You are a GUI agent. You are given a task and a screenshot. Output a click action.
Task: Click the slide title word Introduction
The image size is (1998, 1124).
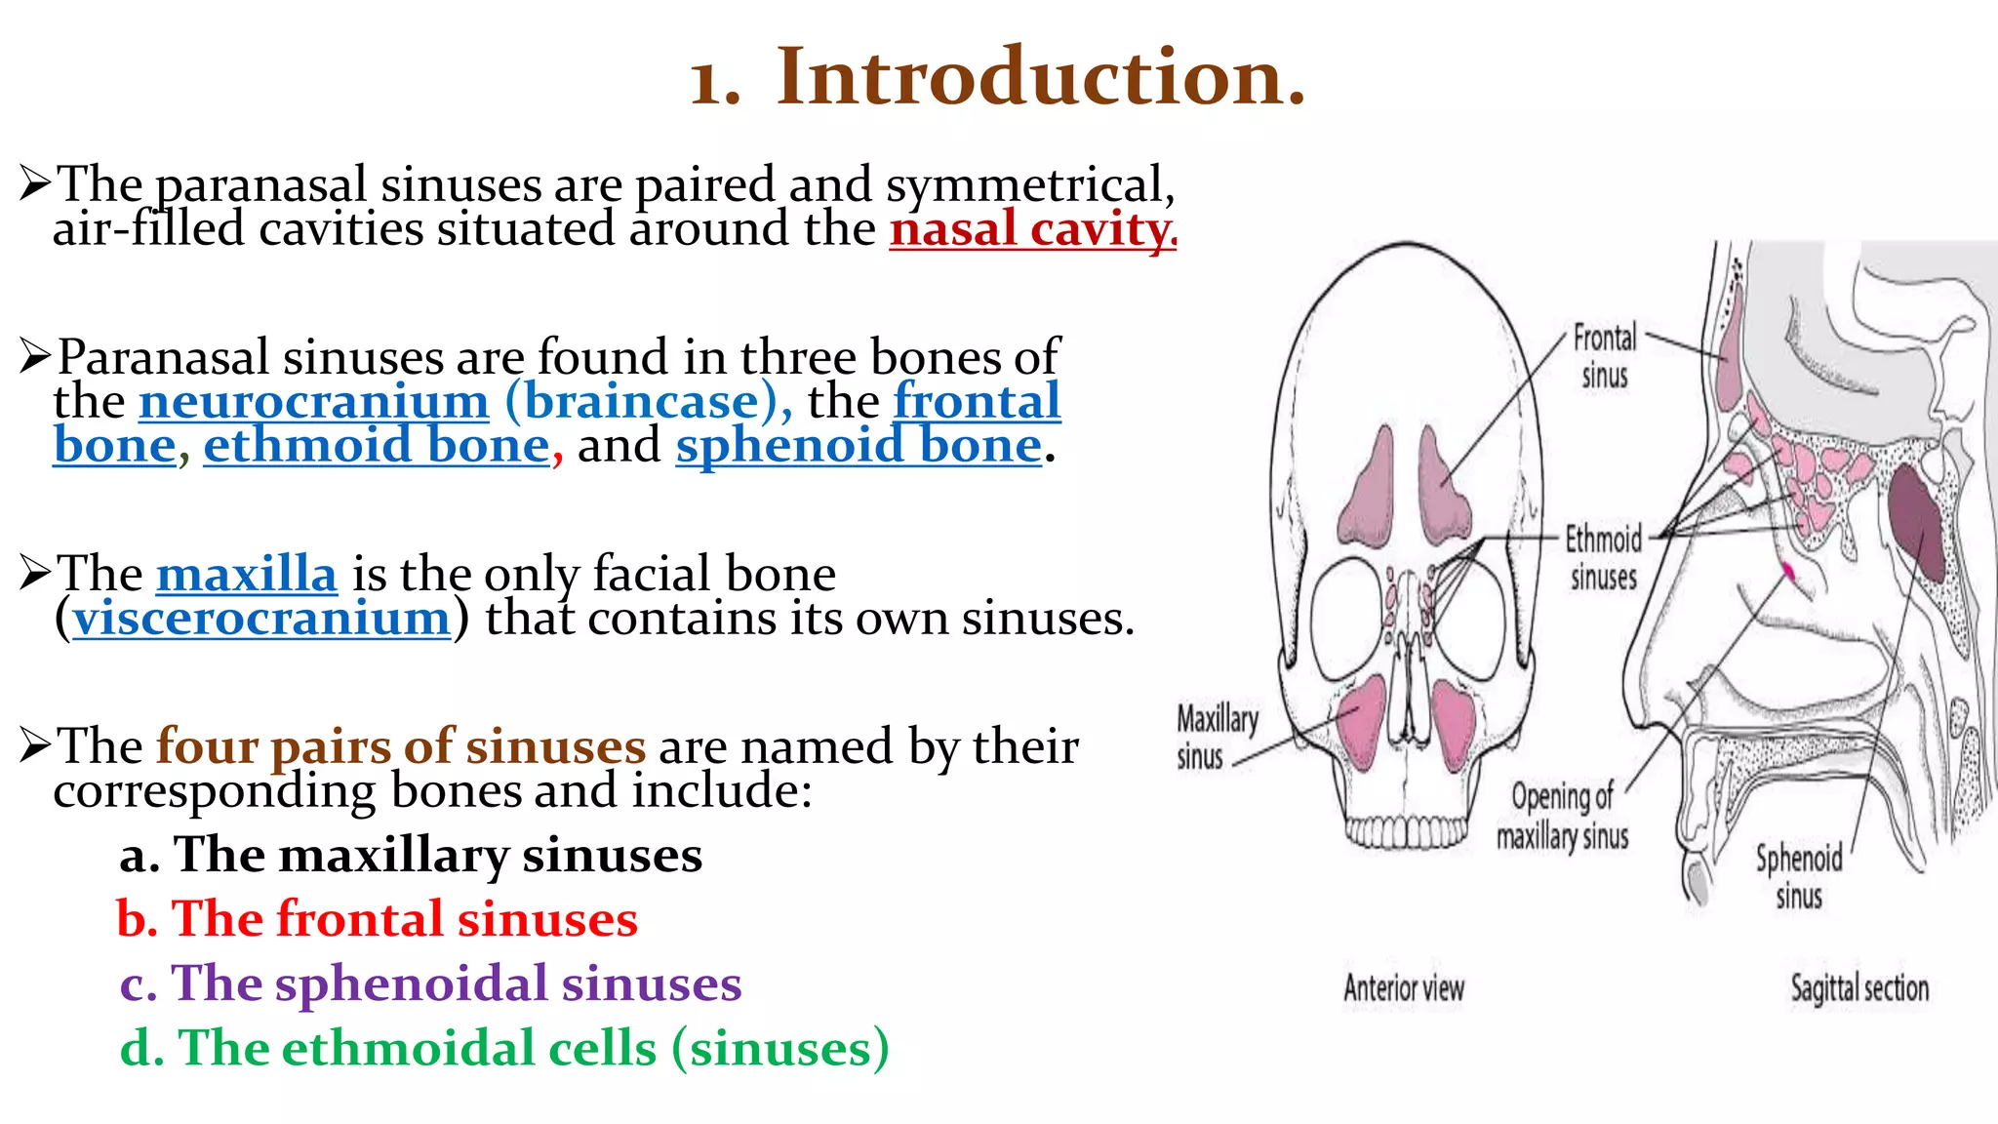[1040, 78]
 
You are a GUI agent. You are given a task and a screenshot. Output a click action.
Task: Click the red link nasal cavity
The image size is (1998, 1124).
[1032, 230]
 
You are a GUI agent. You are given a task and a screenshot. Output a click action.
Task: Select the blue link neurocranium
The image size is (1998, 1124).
[313, 402]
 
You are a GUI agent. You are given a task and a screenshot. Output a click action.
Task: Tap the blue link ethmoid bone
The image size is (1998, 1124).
[377, 447]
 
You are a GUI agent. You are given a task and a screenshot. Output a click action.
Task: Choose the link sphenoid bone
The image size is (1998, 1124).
[859, 447]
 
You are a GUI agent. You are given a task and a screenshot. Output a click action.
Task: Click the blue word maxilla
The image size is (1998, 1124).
[246, 574]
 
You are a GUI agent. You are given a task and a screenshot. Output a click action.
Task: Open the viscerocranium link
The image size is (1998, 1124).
[261, 619]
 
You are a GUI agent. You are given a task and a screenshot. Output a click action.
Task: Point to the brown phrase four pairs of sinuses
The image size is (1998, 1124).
[401, 746]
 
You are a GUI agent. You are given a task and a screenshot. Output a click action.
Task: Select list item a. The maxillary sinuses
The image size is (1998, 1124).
[411, 856]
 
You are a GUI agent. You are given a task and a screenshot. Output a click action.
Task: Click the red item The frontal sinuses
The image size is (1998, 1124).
[377, 919]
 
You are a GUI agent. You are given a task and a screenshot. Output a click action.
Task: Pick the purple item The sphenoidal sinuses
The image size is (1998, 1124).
[430, 983]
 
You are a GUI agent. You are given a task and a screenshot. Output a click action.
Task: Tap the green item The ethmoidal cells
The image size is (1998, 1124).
[503, 1048]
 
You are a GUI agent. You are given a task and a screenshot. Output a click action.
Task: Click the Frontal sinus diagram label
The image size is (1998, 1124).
[1605, 356]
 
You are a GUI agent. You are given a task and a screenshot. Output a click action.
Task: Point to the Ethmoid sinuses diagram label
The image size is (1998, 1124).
[1604, 557]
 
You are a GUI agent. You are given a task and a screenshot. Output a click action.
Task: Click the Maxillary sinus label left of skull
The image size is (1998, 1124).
[1216, 738]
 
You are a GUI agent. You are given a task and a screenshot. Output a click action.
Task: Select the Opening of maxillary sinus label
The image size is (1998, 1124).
[1562, 817]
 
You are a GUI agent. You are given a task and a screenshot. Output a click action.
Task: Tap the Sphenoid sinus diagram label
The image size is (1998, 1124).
[1799, 876]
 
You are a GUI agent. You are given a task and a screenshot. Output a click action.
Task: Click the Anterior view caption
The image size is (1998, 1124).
[1404, 988]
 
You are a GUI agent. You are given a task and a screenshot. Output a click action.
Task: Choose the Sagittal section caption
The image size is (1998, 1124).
[1859, 988]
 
